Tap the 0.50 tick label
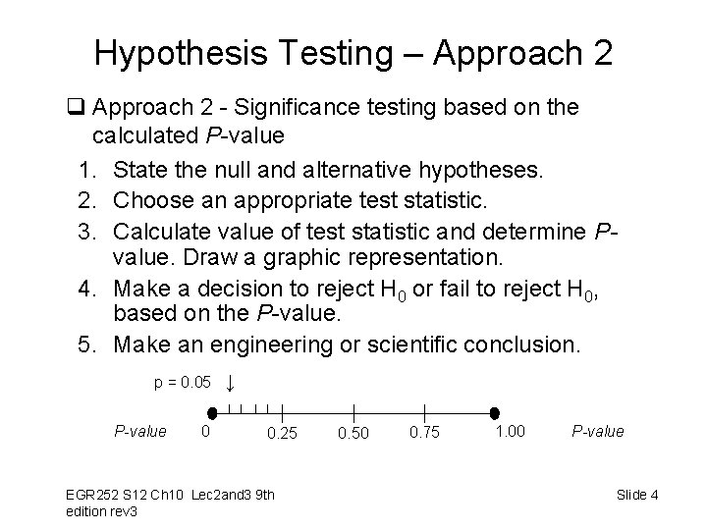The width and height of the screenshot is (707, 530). coord(353,433)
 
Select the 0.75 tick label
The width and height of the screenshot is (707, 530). coord(425,433)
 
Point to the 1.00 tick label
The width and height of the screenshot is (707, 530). coord(510,430)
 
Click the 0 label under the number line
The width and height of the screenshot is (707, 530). coord(204,430)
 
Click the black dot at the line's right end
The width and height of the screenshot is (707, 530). coord(495,413)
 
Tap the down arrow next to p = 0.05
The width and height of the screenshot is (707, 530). coord(229,383)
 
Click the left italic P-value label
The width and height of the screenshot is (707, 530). coord(140,430)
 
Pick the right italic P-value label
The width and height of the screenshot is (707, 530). coord(597,431)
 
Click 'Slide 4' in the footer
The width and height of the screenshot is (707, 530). coord(637,494)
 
